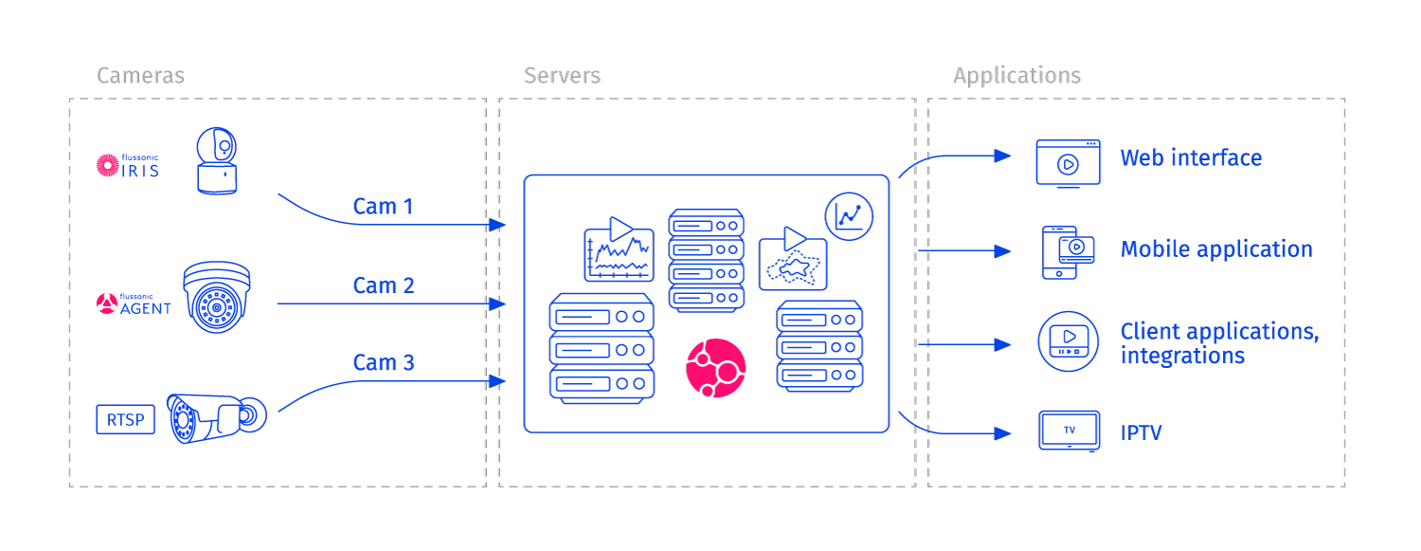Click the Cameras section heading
[x=140, y=76]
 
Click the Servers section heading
[x=562, y=76]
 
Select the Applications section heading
[x=1016, y=76]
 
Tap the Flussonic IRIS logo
[x=127, y=165]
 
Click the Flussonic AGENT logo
[x=134, y=303]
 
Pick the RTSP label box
[x=125, y=419]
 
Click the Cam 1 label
[x=383, y=206]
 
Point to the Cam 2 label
[x=383, y=285]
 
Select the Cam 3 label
[x=383, y=363]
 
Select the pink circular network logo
[x=715, y=368]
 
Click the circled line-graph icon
[x=849, y=216]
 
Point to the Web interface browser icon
[x=1068, y=163]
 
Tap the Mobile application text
[x=1215, y=249]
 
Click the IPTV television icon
[x=1069, y=431]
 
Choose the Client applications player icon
[x=1068, y=340]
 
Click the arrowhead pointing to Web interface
[x=1002, y=156]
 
